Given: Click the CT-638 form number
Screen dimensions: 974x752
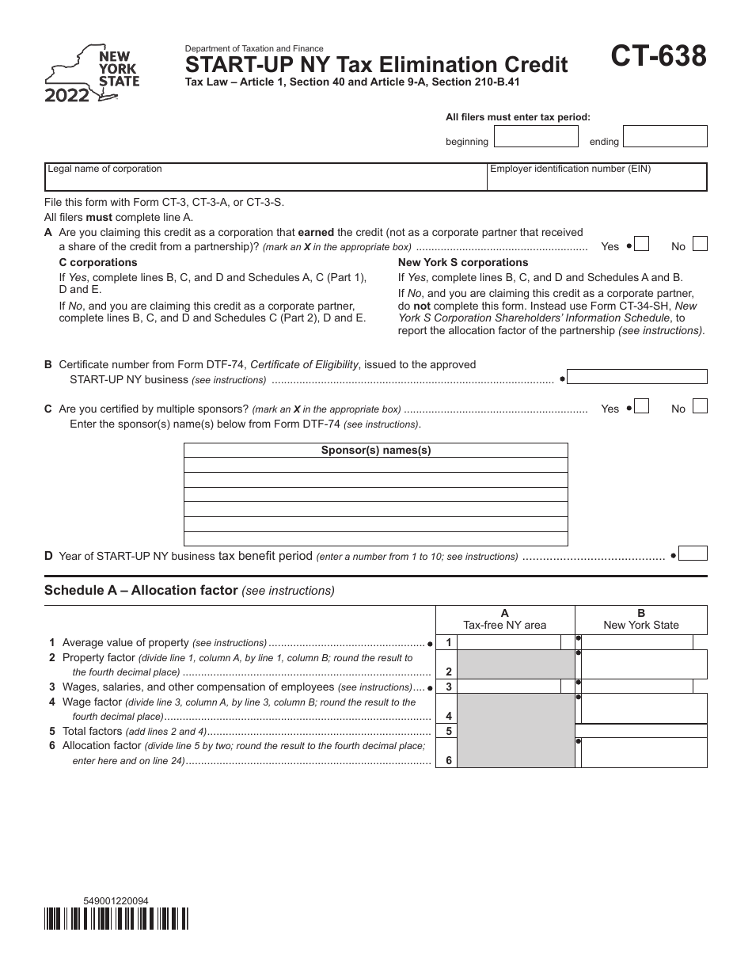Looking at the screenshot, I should [659, 59].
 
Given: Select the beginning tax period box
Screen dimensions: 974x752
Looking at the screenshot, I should [536, 136].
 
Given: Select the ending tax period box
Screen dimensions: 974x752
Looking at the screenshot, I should [664, 136].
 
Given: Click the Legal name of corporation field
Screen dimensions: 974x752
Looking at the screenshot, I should [265, 177].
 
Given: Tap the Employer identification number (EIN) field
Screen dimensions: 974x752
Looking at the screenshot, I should [597, 177].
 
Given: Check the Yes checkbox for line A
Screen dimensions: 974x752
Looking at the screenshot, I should [642, 245].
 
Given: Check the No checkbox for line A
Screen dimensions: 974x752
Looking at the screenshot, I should [699, 245].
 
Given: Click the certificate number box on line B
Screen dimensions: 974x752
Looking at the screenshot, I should [637, 378].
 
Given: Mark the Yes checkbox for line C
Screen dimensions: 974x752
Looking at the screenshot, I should [642, 407].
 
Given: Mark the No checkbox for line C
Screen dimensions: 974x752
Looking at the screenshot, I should [699, 407].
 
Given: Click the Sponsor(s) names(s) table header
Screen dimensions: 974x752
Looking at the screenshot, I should [376, 450].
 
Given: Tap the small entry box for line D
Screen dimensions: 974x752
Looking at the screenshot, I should [693, 554].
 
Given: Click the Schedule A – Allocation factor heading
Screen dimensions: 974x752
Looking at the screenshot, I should [189, 590].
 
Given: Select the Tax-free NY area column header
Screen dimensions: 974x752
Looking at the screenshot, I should [505, 619].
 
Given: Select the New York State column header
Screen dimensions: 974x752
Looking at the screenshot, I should [641, 619].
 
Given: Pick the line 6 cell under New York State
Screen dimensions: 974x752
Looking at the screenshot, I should [644, 753].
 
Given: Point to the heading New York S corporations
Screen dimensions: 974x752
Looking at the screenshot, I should [462, 262].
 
